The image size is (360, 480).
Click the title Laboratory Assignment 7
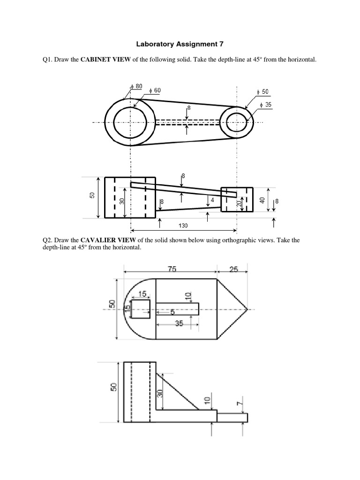click(180, 45)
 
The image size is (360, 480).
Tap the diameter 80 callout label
click(136, 86)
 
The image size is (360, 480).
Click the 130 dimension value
click(183, 225)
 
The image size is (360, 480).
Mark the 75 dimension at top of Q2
click(170, 270)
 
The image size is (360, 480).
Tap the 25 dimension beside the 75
click(233, 270)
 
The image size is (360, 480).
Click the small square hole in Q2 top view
click(141, 310)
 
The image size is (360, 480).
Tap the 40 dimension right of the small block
click(262, 199)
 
